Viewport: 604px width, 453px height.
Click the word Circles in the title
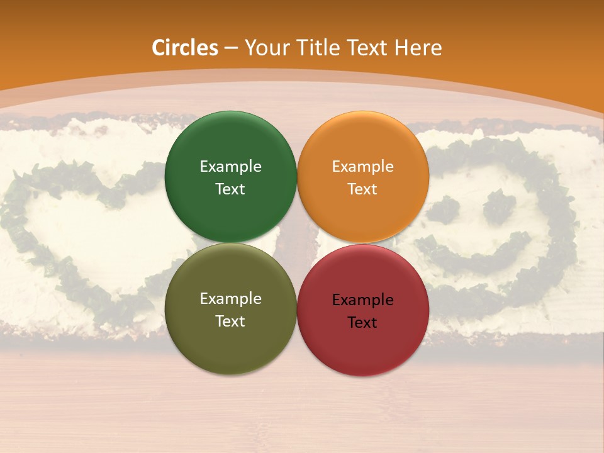coord(185,48)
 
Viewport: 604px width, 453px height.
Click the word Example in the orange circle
coord(362,167)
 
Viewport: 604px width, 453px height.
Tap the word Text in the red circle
coord(362,323)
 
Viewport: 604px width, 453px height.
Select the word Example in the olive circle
coord(230,299)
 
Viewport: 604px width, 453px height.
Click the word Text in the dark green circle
coord(230,189)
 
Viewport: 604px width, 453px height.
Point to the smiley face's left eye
coord(451,209)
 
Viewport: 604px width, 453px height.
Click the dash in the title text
coord(231,48)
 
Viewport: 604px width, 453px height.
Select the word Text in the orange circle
coord(362,189)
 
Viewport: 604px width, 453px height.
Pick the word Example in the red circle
coord(362,300)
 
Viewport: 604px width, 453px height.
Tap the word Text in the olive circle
coord(230,322)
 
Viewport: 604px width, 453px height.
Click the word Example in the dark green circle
coord(230,167)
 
